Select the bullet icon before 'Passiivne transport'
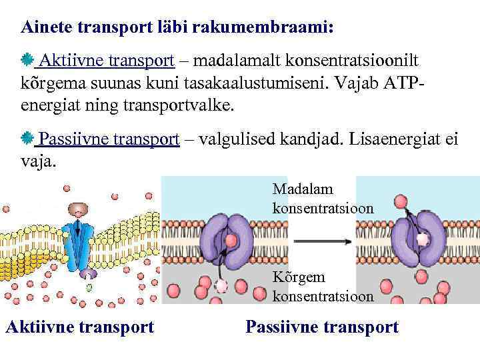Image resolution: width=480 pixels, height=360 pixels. (x=27, y=139)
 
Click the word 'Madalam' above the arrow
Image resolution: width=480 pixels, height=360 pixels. (x=303, y=191)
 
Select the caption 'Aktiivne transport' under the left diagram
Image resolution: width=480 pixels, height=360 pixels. (x=79, y=327)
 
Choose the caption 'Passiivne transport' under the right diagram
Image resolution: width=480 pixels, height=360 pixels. (x=322, y=327)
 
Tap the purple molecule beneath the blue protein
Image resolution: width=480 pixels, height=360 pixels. (x=88, y=274)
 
